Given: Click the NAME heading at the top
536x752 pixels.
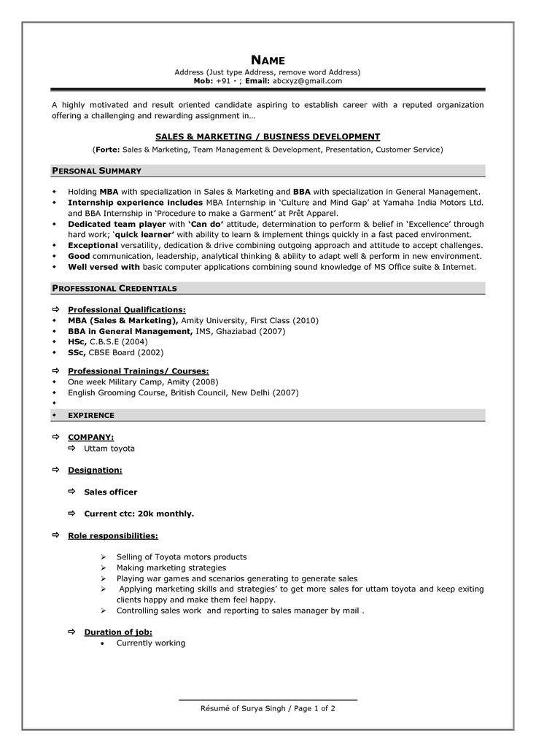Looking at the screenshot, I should pos(268,60).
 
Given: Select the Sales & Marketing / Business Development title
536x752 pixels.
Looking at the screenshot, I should pos(268,136).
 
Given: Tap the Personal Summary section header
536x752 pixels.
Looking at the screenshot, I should pos(96,171).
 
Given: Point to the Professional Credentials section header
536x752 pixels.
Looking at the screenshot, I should pos(114,288).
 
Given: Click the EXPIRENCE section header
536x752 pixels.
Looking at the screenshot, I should pos(90,415).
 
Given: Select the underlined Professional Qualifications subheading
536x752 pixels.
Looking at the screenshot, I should pos(126,309).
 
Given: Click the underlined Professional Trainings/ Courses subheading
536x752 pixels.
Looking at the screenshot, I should pos(138,371).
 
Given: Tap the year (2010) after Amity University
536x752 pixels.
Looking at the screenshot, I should pos(305,320).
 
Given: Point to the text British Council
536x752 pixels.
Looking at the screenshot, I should pos(198,392).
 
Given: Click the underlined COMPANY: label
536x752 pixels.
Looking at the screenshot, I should pos(90,437).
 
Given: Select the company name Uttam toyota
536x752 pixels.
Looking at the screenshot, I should pos(109,449).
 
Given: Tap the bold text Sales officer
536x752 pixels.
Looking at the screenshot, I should pos(111,492).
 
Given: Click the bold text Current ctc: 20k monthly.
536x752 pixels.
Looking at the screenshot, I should pos(139,513).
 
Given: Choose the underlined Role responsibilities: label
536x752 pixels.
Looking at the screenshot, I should pos(112,535).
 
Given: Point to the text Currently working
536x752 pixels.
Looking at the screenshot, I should pos(151,643).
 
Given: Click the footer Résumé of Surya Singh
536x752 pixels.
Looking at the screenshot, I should pos(244,708).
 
